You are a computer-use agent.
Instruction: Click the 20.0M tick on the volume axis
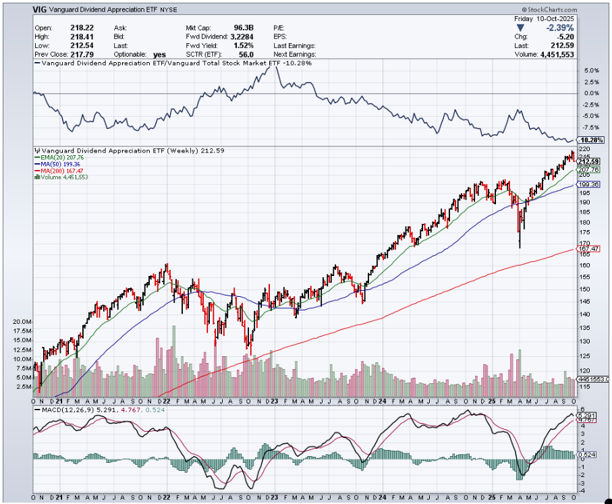(x=22, y=323)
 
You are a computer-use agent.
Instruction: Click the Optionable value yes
(x=159, y=54)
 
